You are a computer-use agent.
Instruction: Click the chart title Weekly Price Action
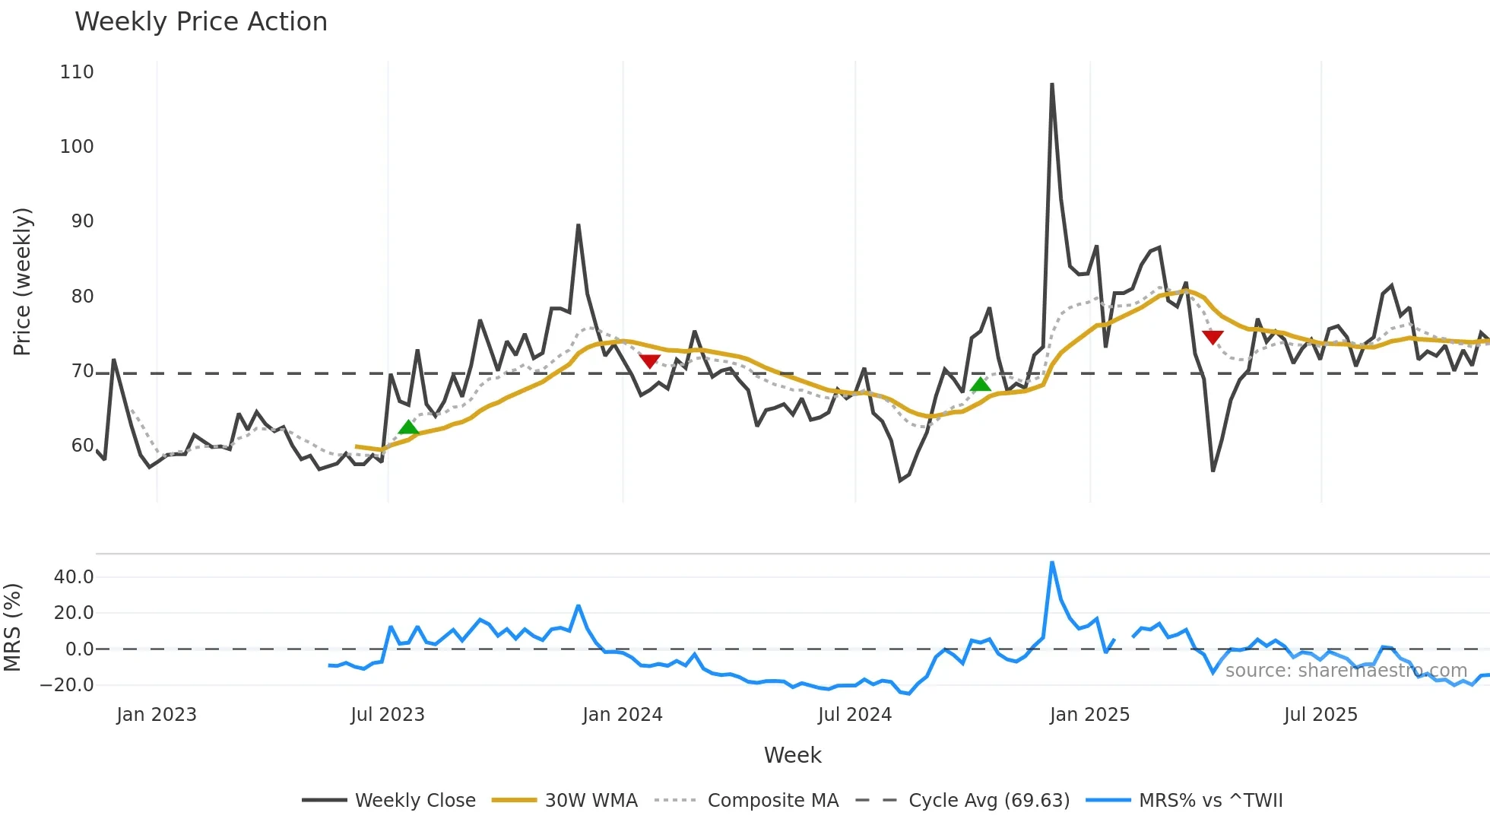[x=201, y=22]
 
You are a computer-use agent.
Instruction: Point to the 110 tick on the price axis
[x=77, y=72]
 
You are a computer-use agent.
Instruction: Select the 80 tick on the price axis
[x=82, y=297]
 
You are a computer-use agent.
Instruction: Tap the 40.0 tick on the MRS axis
[x=74, y=577]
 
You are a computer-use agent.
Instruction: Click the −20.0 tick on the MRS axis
[x=67, y=685]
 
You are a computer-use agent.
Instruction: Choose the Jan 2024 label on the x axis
[x=622, y=715]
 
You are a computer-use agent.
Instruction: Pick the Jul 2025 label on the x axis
[x=1320, y=715]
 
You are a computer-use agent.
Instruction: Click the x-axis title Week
[x=792, y=755]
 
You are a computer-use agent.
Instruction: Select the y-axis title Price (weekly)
[x=23, y=281]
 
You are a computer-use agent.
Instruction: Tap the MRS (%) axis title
[x=12, y=627]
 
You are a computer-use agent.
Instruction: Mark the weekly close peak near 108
[x=1052, y=84]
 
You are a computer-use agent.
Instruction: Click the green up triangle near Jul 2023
[x=408, y=427]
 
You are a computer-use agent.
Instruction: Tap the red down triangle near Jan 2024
[x=649, y=360]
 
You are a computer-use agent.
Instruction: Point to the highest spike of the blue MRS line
[x=1052, y=563]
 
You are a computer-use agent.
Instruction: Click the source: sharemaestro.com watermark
[x=1346, y=671]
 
